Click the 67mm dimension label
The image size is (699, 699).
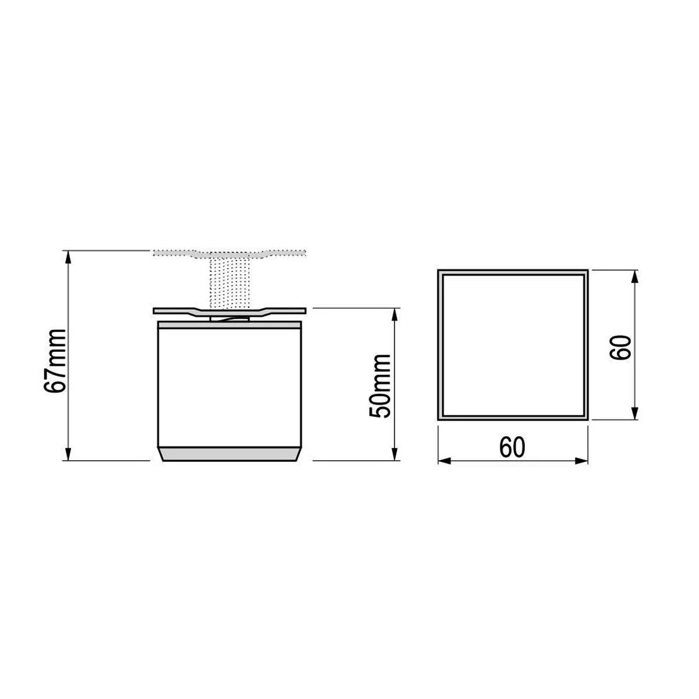click(x=55, y=361)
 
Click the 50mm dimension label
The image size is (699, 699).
click(x=380, y=386)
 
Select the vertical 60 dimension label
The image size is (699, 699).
click(x=620, y=348)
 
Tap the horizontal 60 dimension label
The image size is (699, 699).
click(x=512, y=447)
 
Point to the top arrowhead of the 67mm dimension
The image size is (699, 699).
click(x=68, y=257)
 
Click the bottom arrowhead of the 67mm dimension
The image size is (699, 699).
click(x=68, y=454)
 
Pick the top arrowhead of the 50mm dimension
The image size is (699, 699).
click(x=395, y=315)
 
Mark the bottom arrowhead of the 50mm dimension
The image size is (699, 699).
click(x=395, y=454)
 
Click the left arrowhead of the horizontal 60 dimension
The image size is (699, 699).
click(x=444, y=461)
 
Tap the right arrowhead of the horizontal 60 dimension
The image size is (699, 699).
click(x=581, y=461)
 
